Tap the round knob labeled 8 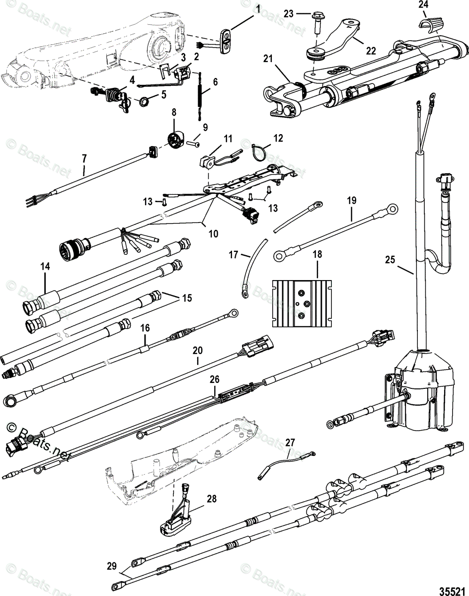176,140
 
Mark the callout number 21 268,59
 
